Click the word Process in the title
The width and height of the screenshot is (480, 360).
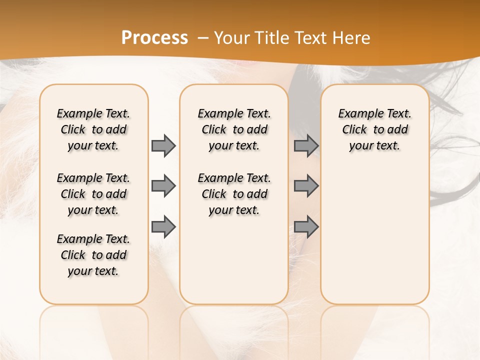(x=154, y=37)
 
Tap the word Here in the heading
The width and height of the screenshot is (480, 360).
(x=351, y=37)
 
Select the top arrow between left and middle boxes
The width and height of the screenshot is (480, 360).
(x=163, y=145)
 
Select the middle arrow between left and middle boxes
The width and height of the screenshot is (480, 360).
(x=163, y=186)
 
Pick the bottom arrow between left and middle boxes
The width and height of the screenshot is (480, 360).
(x=163, y=227)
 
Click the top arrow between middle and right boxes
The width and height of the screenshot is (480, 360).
(x=306, y=145)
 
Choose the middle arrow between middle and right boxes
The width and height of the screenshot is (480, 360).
(x=306, y=186)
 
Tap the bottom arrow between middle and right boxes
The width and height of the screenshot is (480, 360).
(x=306, y=227)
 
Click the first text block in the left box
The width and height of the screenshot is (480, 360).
(x=93, y=129)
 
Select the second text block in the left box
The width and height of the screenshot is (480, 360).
(x=93, y=194)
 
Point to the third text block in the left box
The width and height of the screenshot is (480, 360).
(x=93, y=255)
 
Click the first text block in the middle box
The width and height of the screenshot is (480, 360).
(x=234, y=129)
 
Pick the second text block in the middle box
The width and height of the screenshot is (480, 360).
(x=234, y=194)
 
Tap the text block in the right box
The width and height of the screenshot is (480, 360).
(x=374, y=129)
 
